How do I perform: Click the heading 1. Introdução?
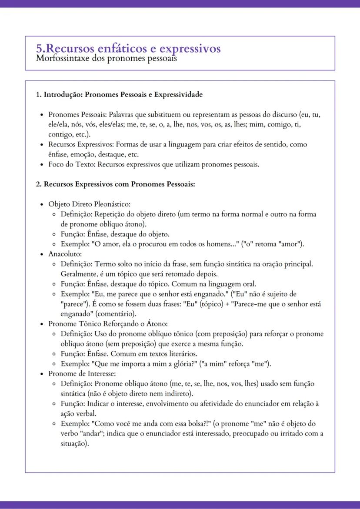(58, 95)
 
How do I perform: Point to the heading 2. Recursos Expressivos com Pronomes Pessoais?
(115, 184)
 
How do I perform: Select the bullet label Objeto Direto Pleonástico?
(89, 204)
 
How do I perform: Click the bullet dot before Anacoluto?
(42, 254)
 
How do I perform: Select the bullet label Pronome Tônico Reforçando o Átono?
(108, 324)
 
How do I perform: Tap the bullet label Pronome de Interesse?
(81, 374)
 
